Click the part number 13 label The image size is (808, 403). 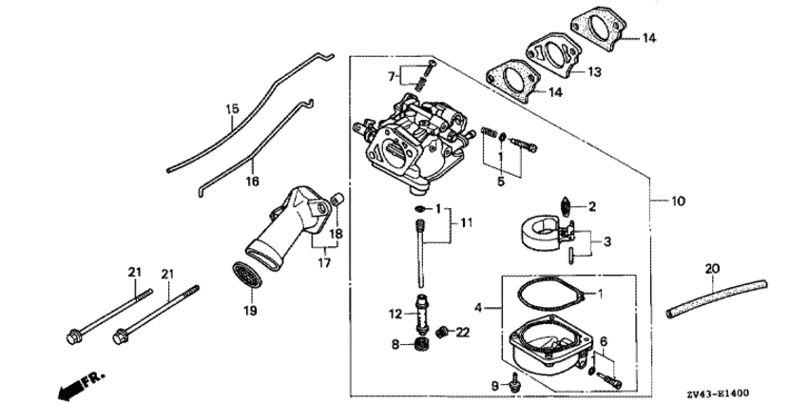pos(594,72)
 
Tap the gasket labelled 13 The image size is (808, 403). pos(553,54)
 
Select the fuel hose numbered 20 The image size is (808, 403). pos(717,298)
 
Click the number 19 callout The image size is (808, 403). pos(251,311)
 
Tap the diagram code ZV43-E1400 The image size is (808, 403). pos(717,393)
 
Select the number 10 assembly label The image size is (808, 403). pos(679,201)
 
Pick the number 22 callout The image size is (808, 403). pos(463,333)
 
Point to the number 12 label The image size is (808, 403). pos(395,314)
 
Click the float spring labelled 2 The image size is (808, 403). pos(566,206)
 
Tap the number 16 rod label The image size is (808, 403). pos(253,182)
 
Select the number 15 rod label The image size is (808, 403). pos(232,108)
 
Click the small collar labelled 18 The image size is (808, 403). pos(338,199)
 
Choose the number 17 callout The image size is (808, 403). pos(324,263)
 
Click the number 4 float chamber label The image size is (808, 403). pos(478,308)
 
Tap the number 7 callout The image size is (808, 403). pos(392,77)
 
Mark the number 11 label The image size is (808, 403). pos(467,222)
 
